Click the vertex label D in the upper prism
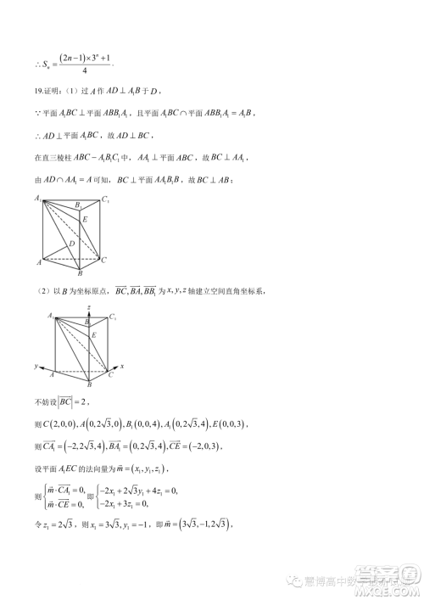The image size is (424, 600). coord(73,244)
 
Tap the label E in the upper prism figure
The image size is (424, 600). coord(85,219)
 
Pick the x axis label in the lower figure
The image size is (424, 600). coord(123,366)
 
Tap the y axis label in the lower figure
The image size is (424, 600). coord(36,367)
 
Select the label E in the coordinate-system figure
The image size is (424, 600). coord(93,336)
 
